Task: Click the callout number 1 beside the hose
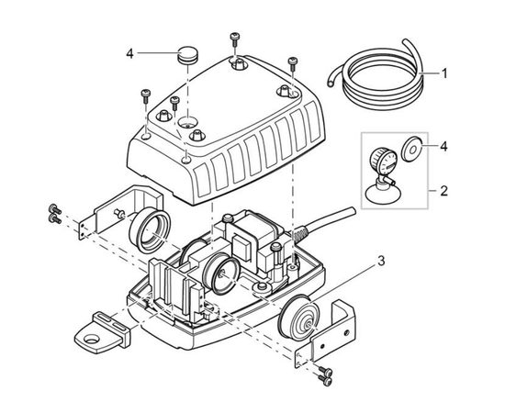pyautogui.click(x=444, y=73)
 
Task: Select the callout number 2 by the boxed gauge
pyautogui.click(x=443, y=191)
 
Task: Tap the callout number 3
pyautogui.click(x=381, y=261)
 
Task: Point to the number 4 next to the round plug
pyautogui.click(x=129, y=54)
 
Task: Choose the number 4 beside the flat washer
pyautogui.click(x=443, y=147)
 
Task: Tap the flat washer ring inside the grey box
pyautogui.click(x=412, y=149)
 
